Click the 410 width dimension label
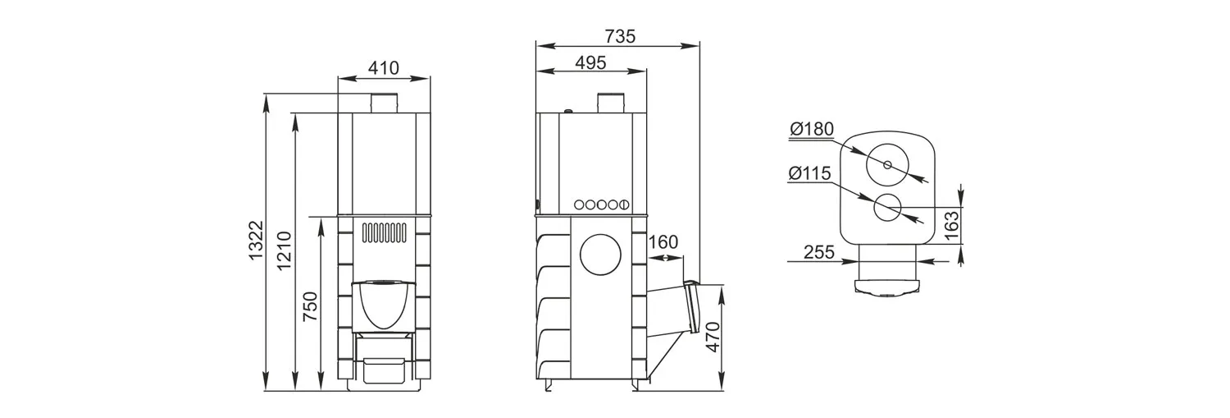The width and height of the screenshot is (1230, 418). [383, 68]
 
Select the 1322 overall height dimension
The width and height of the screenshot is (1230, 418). [256, 241]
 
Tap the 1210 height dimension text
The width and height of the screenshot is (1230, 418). [284, 250]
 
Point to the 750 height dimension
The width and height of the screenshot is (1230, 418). [310, 307]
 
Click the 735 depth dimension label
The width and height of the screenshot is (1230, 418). [620, 36]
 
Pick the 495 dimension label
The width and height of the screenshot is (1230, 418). [591, 62]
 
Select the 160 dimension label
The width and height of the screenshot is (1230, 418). [663, 242]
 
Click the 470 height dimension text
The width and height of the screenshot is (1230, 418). [713, 338]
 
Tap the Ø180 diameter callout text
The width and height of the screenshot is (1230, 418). [812, 129]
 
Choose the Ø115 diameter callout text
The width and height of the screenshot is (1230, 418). [810, 174]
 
